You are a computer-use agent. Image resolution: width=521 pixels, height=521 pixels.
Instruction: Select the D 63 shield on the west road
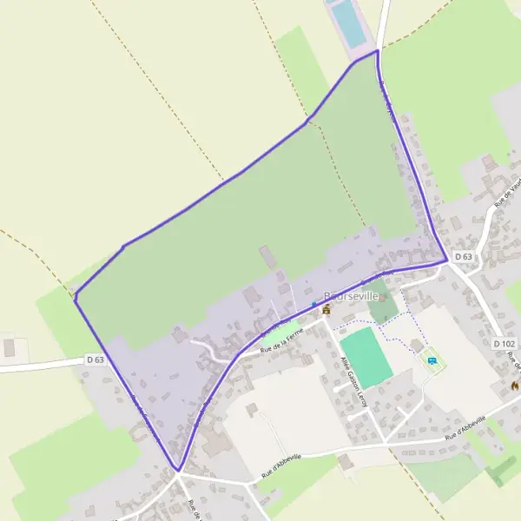[x=95, y=359]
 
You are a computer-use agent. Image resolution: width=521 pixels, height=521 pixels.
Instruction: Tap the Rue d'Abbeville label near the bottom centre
[x=280, y=467]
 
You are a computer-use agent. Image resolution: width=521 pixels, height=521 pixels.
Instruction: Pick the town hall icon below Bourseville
[x=326, y=308]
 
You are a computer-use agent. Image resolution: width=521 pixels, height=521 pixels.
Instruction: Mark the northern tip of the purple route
[x=377, y=50]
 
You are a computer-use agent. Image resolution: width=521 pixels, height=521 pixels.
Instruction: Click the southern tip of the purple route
[x=178, y=471]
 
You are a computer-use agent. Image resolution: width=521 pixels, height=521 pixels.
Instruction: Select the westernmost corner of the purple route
[x=76, y=300]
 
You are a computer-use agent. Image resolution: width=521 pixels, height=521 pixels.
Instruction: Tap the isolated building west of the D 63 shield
[x=10, y=347]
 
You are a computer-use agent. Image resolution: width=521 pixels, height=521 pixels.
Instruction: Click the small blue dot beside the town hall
[x=314, y=303]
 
